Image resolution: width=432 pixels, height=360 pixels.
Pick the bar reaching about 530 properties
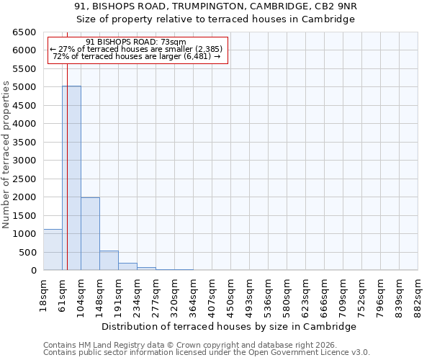coord(109,261)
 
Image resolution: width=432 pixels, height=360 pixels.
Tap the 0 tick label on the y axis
coord(33,271)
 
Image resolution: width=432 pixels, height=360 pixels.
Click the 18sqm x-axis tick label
coord(43,293)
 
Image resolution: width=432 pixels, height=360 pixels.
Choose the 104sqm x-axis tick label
coord(81,293)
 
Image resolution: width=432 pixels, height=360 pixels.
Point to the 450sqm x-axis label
coord(230,293)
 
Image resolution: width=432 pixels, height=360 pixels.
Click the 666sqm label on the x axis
coord(324,293)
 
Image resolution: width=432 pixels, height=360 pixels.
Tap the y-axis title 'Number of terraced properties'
coord(6,155)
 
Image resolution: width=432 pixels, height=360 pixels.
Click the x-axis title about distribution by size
coord(229,326)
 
